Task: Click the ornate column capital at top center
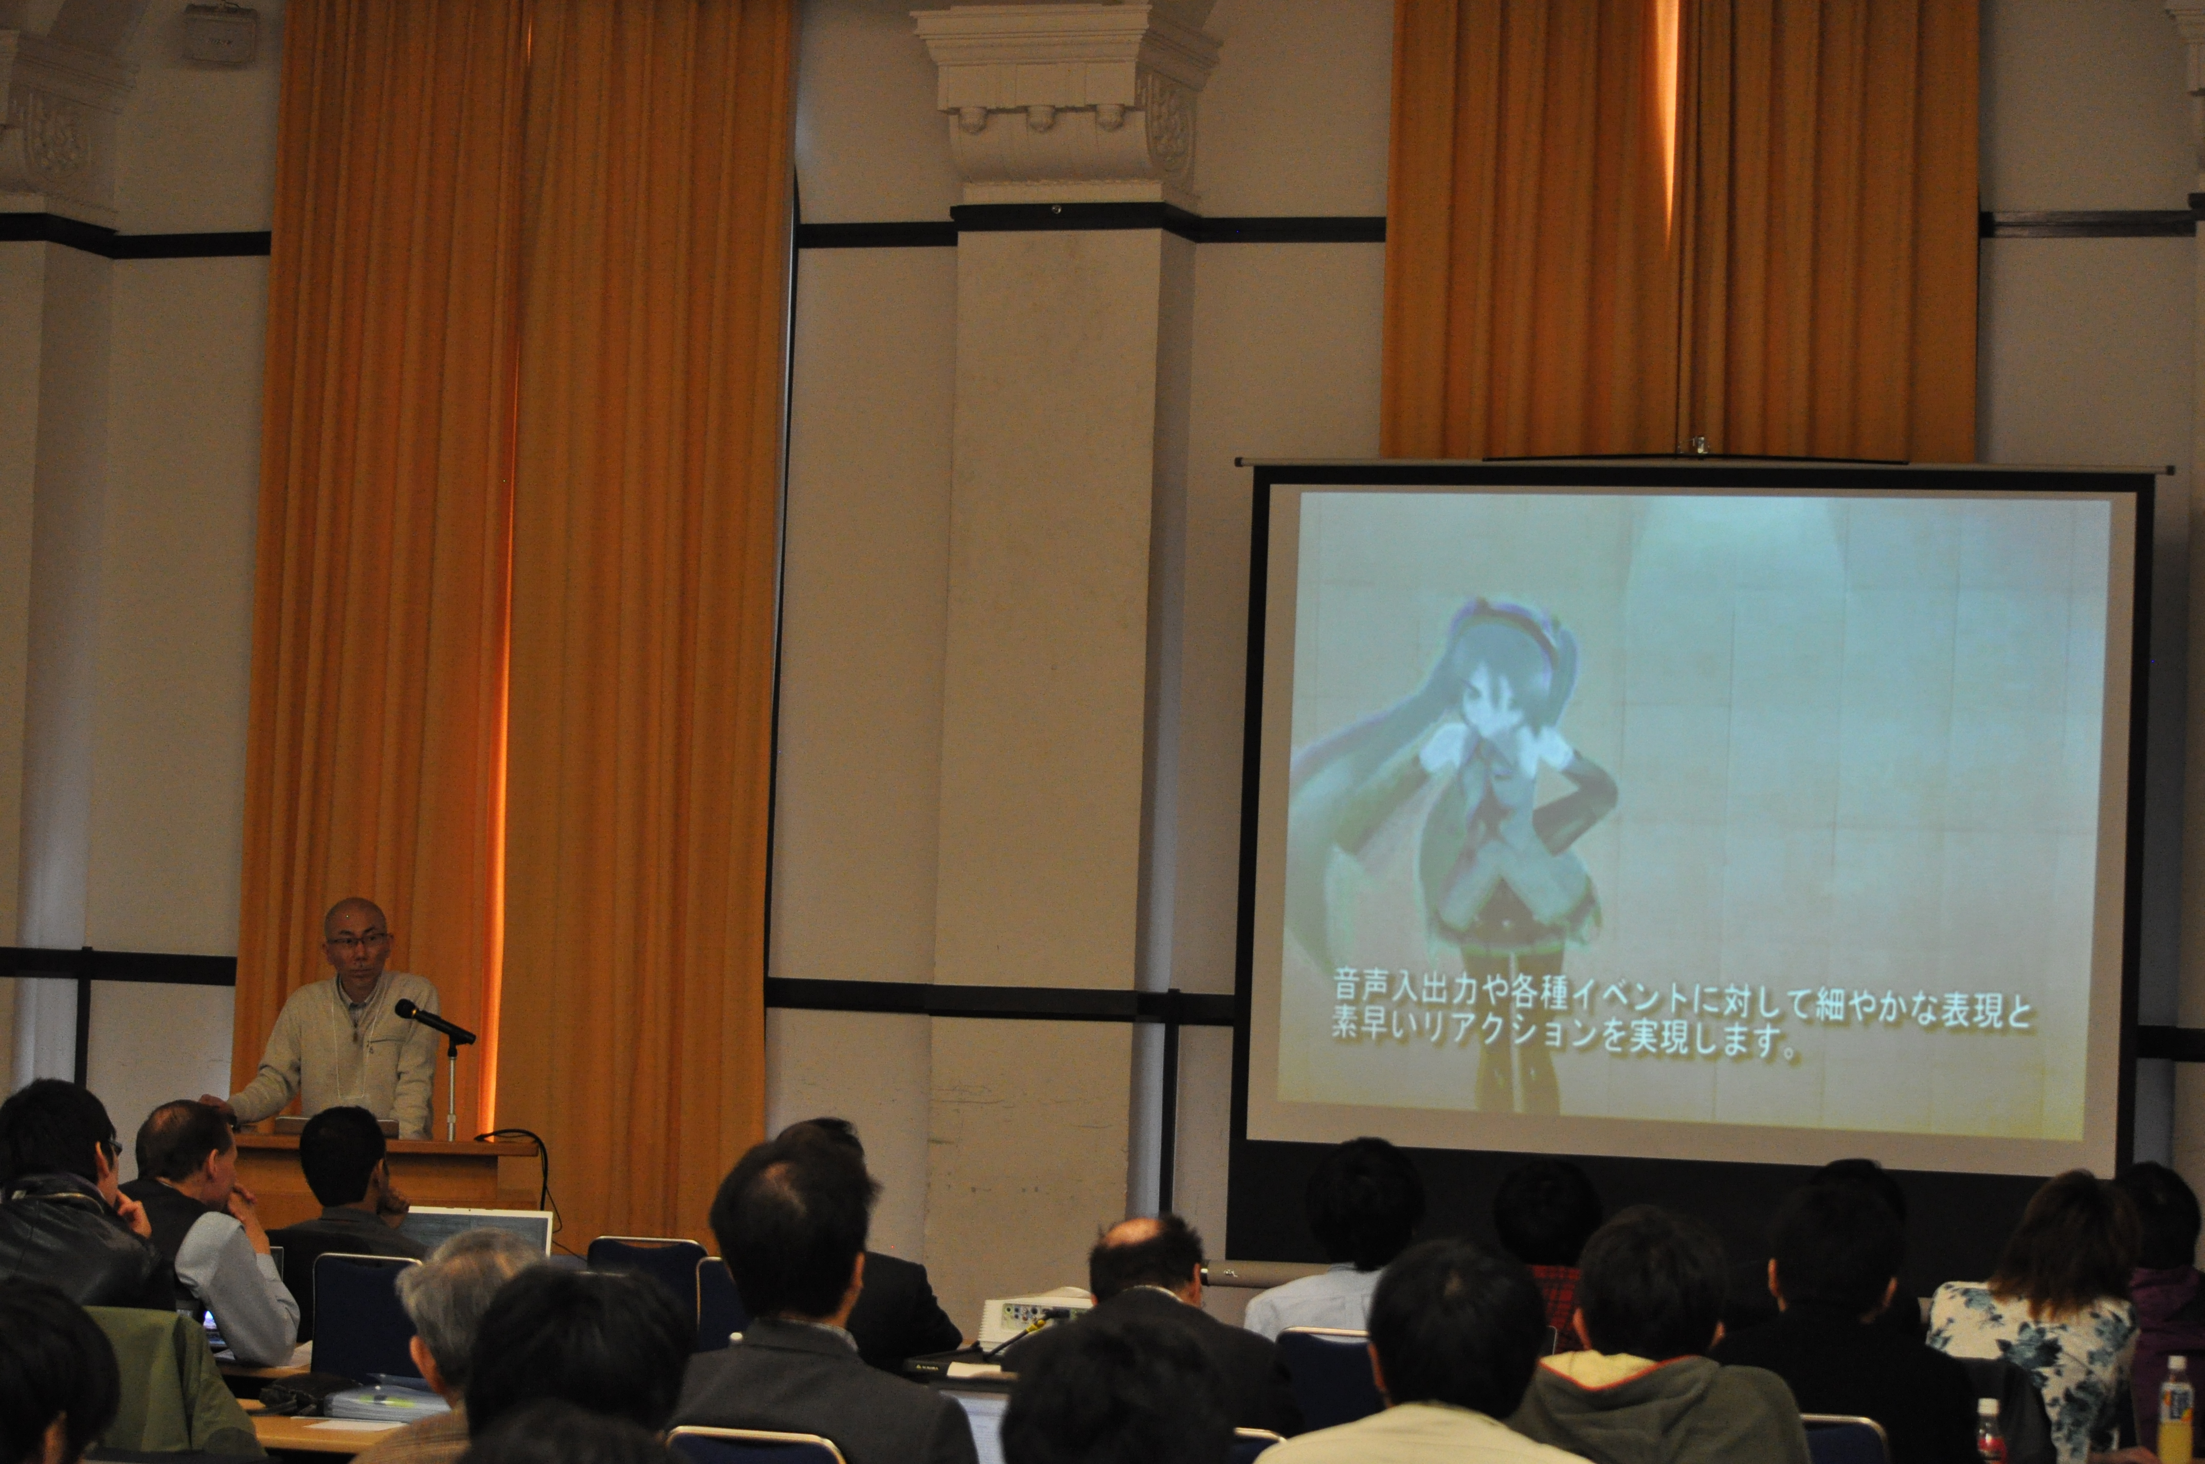1068,94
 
